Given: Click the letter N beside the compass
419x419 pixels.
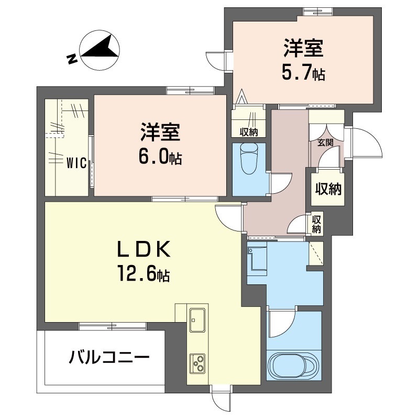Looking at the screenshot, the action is [x=72, y=59].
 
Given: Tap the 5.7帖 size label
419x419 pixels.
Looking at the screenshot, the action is [x=303, y=73].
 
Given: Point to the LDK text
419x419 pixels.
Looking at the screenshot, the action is [x=144, y=249].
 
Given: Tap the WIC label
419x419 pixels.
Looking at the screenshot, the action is [x=76, y=163].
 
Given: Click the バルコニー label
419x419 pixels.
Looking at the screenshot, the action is [x=109, y=357].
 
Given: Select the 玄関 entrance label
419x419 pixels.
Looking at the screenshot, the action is [x=325, y=142].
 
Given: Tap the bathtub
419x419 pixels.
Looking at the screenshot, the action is [x=294, y=365].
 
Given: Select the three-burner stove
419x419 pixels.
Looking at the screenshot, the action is [x=197, y=363].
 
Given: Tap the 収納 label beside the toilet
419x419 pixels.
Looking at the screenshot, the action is [x=248, y=132].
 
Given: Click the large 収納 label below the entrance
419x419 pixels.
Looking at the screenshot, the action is [x=328, y=190].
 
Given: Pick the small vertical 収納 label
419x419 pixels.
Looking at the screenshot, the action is [x=316, y=224].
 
